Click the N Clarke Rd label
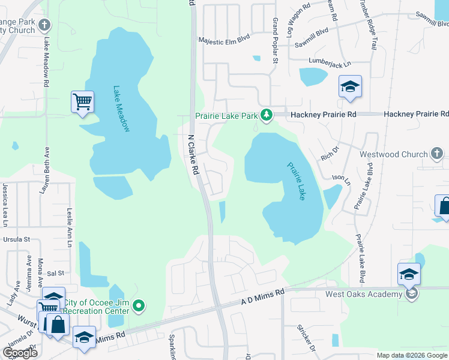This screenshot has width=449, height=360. (x=193, y=154)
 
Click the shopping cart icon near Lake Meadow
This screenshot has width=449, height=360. (x=82, y=101)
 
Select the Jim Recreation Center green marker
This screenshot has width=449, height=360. (x=139, y=306)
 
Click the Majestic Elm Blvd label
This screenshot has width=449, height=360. (x=224, y=42)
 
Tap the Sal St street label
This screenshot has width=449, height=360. (x=56, y=272)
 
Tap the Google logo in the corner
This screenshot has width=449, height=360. (x=20, y=353)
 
